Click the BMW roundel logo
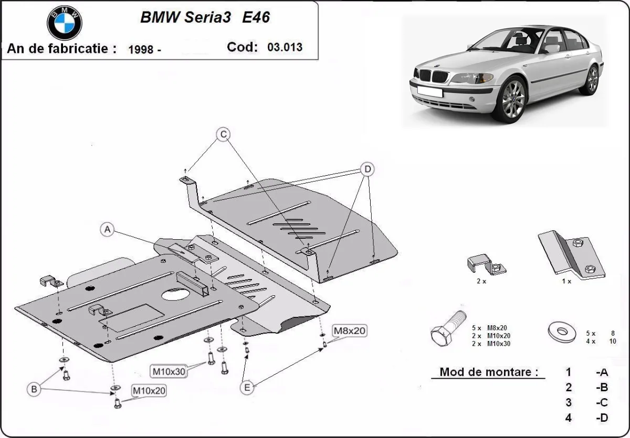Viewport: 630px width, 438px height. click(x=65, y=23)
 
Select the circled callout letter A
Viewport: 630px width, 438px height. click(x=107, y=229)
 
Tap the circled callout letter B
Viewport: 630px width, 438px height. click(x=34, y=389)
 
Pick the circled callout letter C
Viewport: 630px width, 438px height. click(x=223, y=135)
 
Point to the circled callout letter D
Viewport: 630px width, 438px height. click(x=367, y=169)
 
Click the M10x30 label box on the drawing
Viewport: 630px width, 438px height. click(x=169, y=371)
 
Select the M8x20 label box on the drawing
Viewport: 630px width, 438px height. click(x=349, y=330)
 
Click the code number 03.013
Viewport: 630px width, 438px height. click(x=285, y=47)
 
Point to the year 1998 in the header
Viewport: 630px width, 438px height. click(x=141, y=49)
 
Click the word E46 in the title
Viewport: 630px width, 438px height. click(x=256, y=17)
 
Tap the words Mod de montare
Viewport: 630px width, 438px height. click(x=489, y=372)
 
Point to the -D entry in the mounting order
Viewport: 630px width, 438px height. click(x=602, y=418)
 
